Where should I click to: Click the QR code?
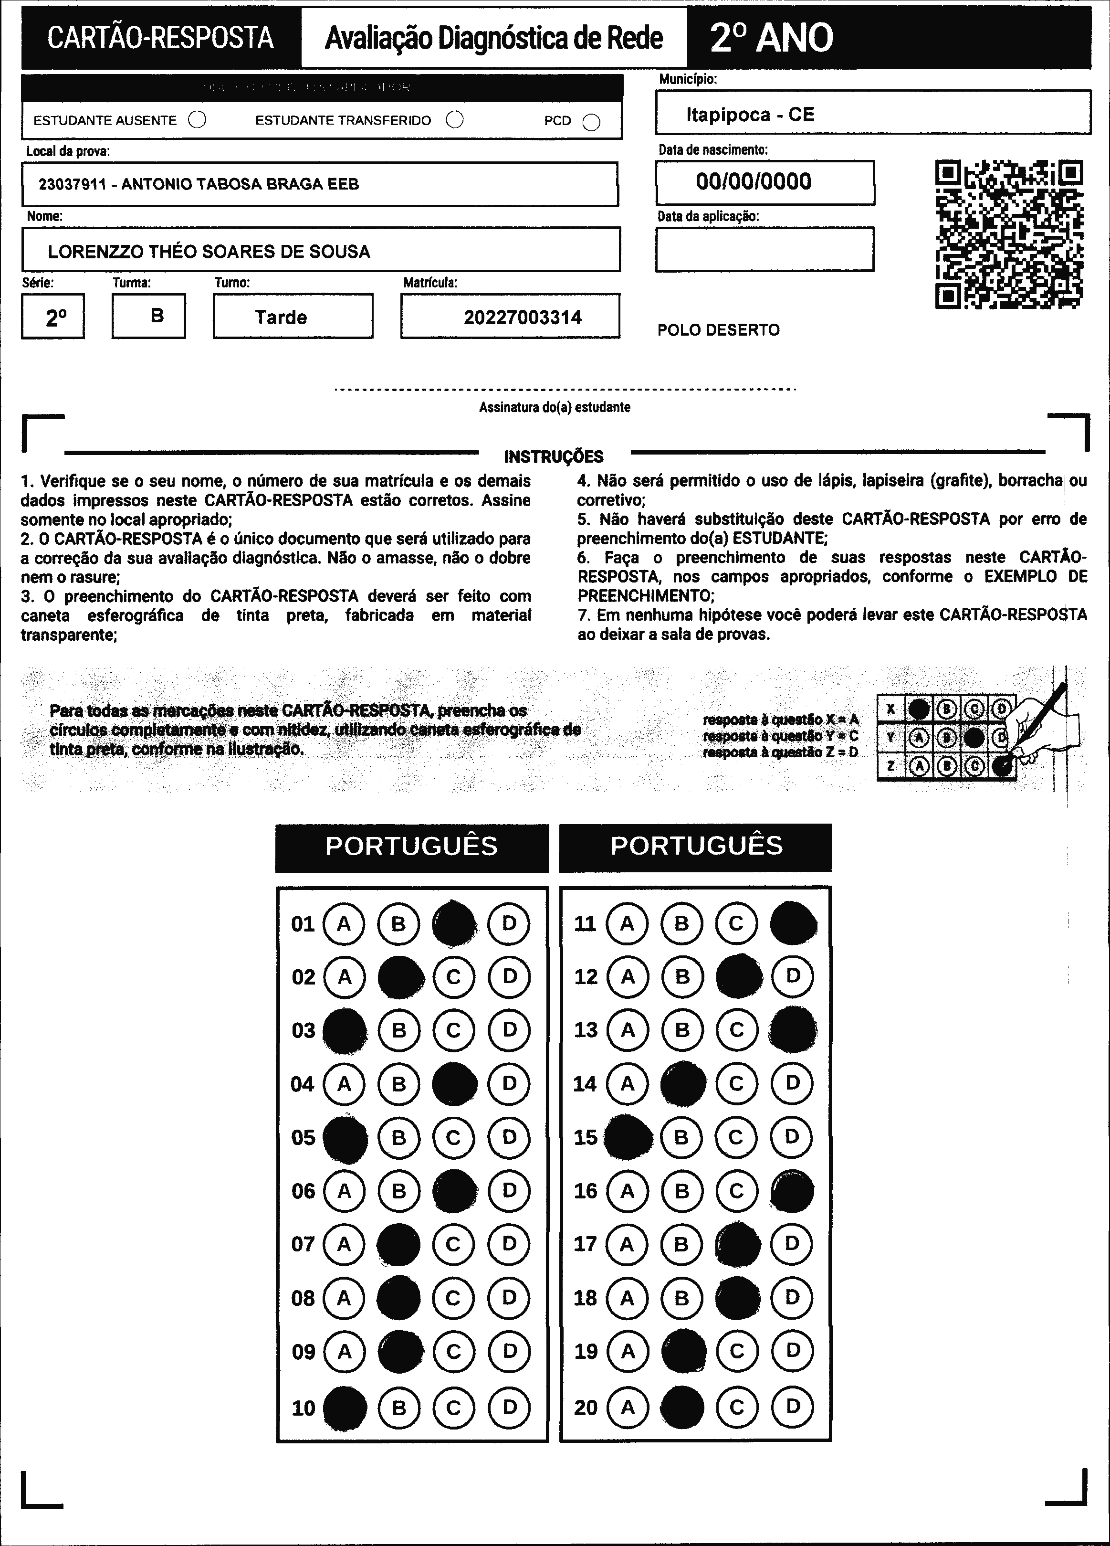pyautogui.click(x=1009, y=234)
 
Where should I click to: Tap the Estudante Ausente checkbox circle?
pyautogui.click(x=197, y=120)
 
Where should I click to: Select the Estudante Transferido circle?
pyautogui.click(x=454, y=120)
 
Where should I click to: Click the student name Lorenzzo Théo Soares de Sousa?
pyautogui.click(x=209, y=252)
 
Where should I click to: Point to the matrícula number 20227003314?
pyautogui.click(x=523, y=317)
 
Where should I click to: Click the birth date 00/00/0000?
pyautogui.click(x=754, y=181)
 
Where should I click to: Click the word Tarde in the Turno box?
pyautogui.click(x=281, y=317)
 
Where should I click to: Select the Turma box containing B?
pyautogui.click(x=148, y=316)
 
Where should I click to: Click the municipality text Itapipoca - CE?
pyautogui.click(x=750, y=115)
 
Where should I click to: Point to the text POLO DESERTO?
pyautogui.click(x=718, y=330)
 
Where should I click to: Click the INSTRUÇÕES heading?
pyautogui.click(x=553, y=456)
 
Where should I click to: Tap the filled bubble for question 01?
pyautogui.click(x=454, y=924)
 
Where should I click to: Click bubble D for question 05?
pyautogui.click(x=509, y=1137)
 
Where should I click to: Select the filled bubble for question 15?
pyautogui.click(x=628, y=1137)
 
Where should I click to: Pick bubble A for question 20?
pyautogui.click(x=628, y=1407)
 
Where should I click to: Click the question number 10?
pyautogui.click(x=303, y=1408)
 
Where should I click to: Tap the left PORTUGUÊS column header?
pyautogui.click(x=411, y=846)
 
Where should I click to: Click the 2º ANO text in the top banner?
pyautogui.click(x=771, y=38)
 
